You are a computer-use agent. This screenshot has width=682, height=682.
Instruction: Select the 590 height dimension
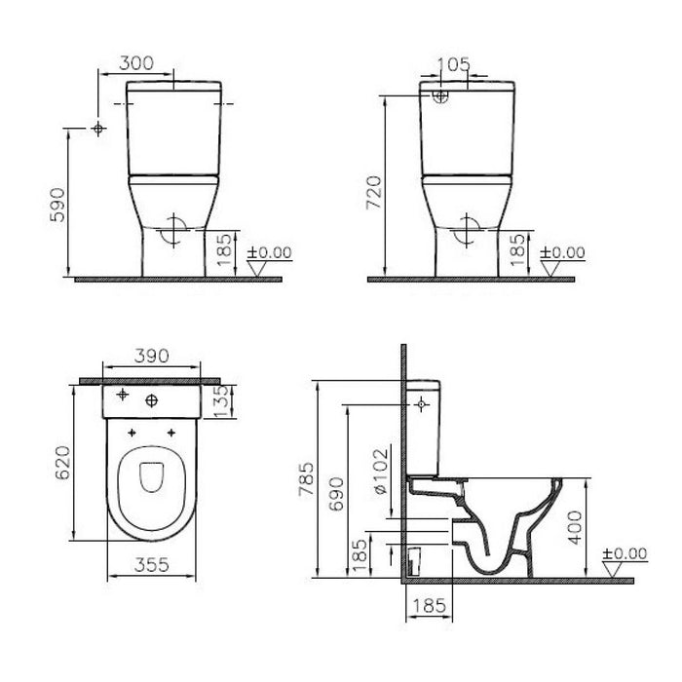click(x=57, y=205)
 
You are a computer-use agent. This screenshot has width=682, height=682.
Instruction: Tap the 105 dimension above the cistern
click(x=454, y=64)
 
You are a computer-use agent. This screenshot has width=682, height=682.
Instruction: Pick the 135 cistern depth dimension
click(x=223, y=398)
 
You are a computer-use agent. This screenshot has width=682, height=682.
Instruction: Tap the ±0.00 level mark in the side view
click(x=624, y=553)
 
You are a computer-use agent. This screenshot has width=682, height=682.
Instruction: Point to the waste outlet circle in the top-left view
click(x=171, y=228)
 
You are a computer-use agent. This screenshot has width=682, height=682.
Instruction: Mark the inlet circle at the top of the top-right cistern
click(x=439, y=95)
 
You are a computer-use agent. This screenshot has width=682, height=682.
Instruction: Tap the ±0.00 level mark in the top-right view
click(x=563, y=251)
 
